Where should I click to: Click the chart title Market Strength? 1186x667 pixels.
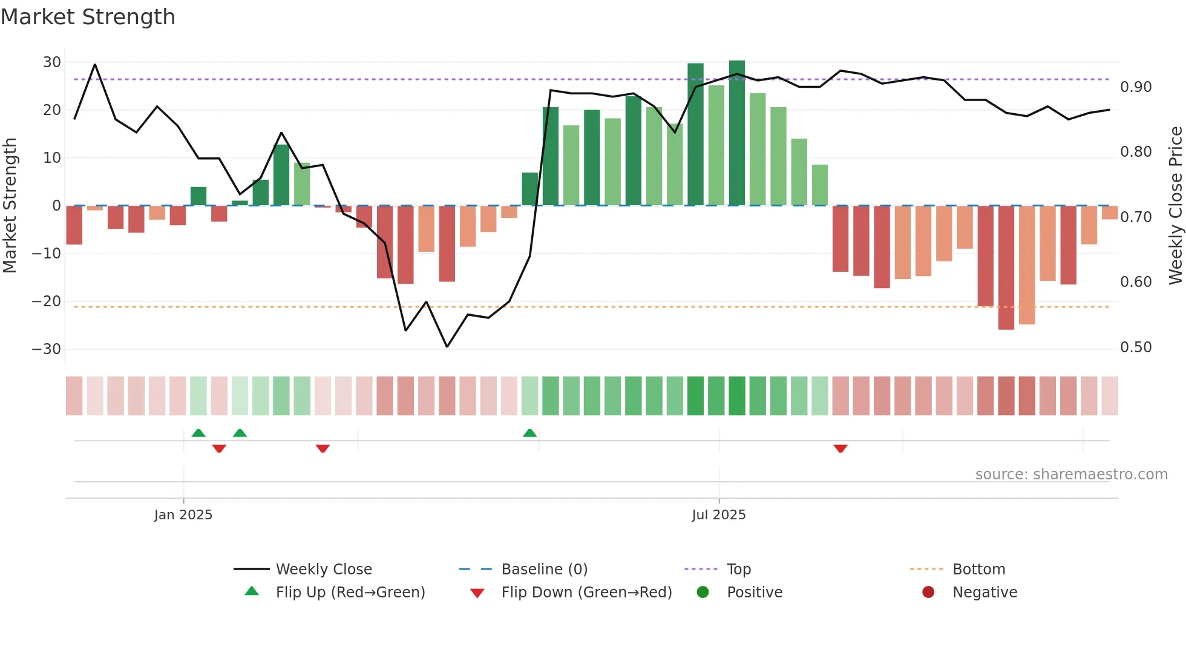(88, 17)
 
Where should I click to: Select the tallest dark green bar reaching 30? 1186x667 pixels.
(736, 133)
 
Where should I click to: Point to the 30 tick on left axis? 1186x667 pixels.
(52, 62)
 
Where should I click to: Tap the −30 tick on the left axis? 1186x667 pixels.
(47, 349)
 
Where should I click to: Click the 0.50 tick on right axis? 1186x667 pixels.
(1136, 347)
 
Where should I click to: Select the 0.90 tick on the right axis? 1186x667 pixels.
(1136, 87)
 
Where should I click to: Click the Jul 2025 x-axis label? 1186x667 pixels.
(719, 515)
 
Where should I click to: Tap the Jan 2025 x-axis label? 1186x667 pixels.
(183, 515)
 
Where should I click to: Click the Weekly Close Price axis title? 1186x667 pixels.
(1175, 206)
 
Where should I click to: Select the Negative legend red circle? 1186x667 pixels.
(928, 593)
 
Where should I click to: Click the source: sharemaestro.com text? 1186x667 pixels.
(1071, 475)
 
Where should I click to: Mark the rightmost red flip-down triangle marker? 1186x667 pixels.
(840, 448)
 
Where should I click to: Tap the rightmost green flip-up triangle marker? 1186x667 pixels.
(529, 433)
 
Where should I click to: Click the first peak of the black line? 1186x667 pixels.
(95, 64)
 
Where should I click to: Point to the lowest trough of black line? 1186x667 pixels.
(447, 346)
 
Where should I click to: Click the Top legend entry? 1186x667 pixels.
(738, 570)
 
